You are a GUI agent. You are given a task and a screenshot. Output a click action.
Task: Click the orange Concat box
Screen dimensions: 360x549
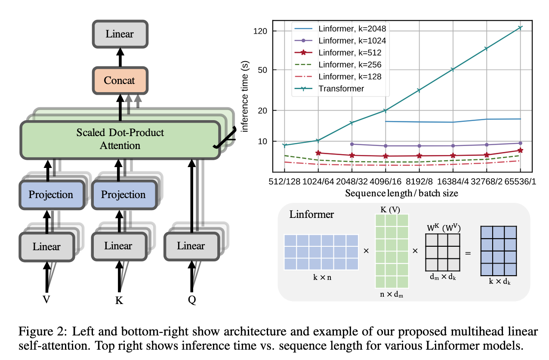pos(120,81)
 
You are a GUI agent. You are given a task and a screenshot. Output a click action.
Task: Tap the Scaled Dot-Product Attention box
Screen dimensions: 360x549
pos(120,139)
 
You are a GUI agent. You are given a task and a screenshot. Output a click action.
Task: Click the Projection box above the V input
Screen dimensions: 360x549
pos(51,195)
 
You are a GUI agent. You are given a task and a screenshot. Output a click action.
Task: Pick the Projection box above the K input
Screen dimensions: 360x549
pos(123,195)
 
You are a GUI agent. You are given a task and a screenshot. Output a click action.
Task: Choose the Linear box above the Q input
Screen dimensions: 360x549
pos(191,246)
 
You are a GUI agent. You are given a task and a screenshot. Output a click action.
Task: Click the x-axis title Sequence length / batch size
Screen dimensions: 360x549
pos(401,193)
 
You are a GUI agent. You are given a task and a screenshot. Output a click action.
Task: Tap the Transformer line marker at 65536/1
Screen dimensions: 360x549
pos(520,28)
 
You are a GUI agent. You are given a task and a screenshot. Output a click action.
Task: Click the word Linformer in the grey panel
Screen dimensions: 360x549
pos(312,214)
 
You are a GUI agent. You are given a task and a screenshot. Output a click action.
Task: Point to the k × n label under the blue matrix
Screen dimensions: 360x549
pos(322,278)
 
